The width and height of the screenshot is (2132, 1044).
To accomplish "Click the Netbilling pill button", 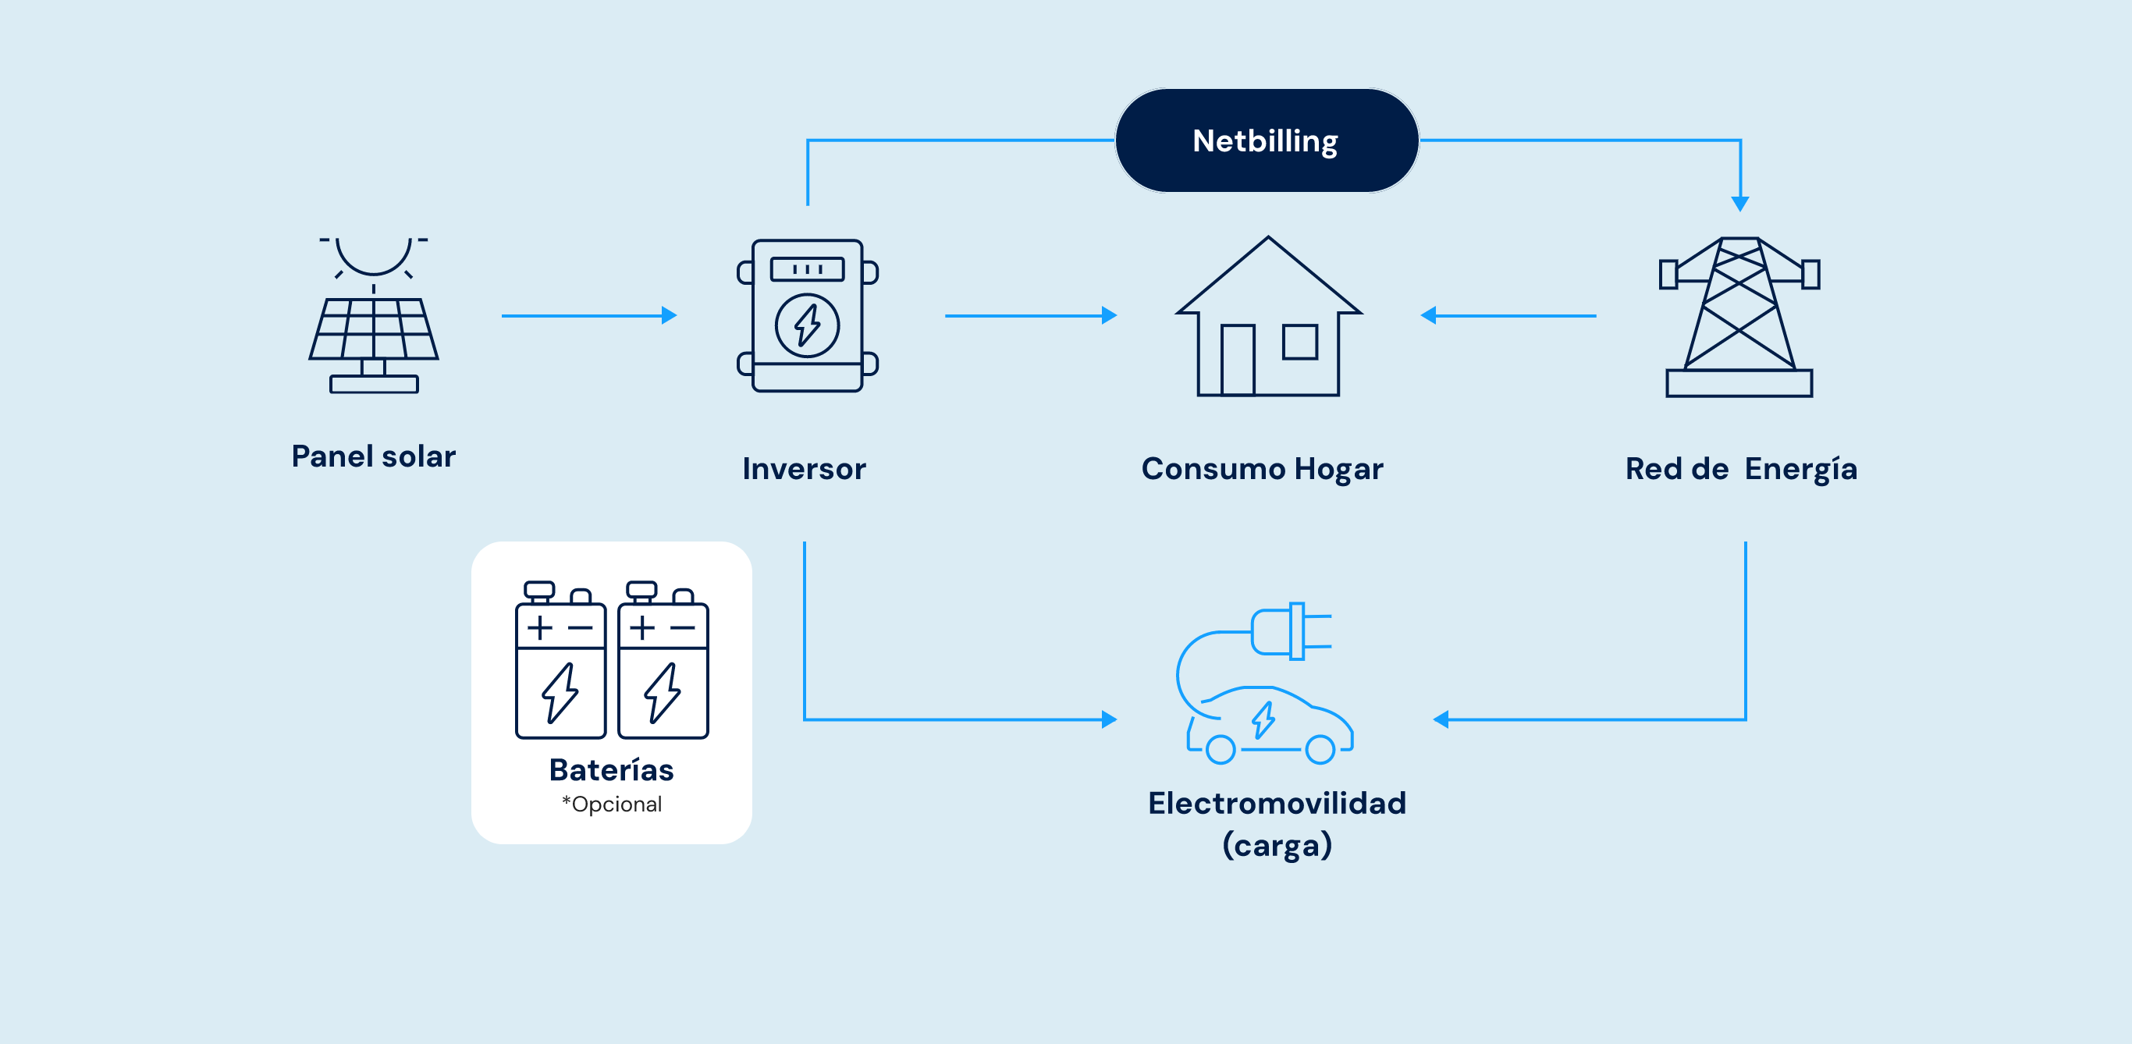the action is [1267, 140].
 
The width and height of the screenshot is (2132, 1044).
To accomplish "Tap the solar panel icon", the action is [374, 315].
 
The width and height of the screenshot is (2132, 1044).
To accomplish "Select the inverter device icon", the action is [808, 315].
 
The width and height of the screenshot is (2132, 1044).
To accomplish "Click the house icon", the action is [1268, 316].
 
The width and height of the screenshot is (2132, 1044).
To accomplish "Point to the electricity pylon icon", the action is [1739, 317].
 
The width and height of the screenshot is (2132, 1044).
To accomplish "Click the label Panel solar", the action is [373, 456].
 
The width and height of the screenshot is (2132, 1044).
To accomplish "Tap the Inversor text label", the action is [805, 468].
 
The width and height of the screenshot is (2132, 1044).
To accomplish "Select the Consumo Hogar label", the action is [1262, 469].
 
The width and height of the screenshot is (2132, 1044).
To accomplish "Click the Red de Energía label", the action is [1741, 469].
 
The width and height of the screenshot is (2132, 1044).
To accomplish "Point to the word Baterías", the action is [612, 769].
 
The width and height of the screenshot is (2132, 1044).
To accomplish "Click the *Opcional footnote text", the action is [612, 804].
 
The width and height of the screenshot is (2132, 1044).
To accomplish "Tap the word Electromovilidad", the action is [1277, 802].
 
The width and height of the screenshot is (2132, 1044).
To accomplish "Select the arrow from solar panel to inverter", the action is [589, 315].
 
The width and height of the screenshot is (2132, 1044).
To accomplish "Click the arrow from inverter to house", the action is [1031, 315].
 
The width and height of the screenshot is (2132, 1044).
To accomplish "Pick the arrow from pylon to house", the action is [1508, 315].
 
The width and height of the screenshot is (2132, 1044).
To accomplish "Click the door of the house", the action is [1238, 360].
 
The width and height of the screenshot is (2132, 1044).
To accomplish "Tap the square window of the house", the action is [1300, 342].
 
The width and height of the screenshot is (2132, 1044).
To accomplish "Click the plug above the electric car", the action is [1291, 631].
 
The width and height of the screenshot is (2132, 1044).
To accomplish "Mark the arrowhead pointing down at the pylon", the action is [1739, 204].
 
